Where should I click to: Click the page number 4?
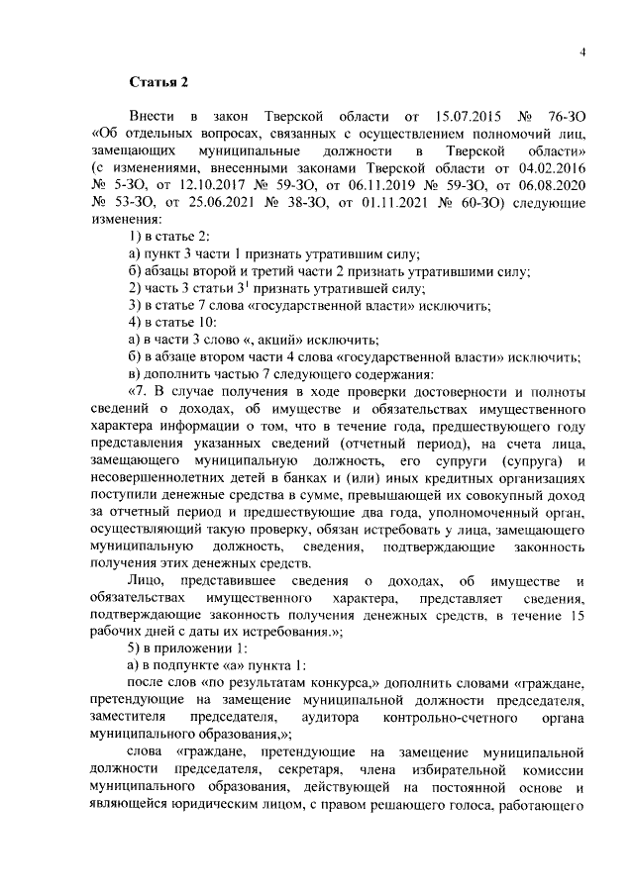tap(583, 52)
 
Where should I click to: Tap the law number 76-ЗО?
tap(566, 117)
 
